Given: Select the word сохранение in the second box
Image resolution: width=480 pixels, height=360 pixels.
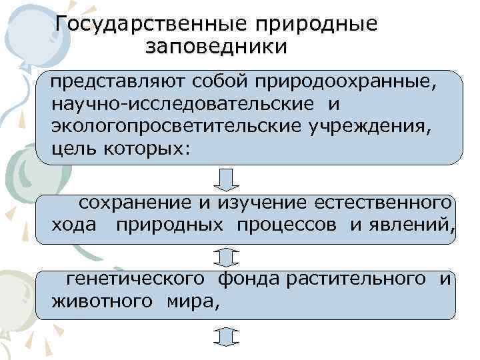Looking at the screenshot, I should coord(135,203).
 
